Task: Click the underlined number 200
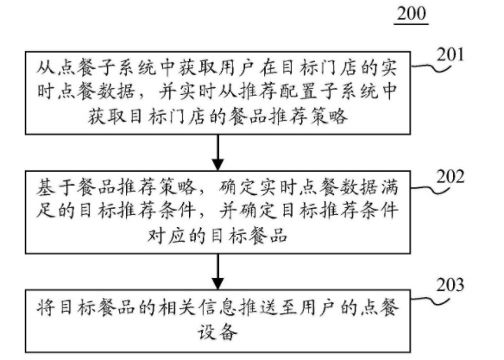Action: pos(412,14)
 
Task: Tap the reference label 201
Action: pos(450,54)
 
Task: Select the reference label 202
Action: pos(450,176)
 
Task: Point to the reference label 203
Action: pos(450,285)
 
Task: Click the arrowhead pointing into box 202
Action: pos(218,164)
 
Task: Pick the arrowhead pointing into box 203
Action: pos(218,284)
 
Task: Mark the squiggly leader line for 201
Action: pos(431,66)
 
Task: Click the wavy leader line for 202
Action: pos(430,189)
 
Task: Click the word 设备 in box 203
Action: pos(217,332)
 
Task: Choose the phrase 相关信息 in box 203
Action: pos(198,307)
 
